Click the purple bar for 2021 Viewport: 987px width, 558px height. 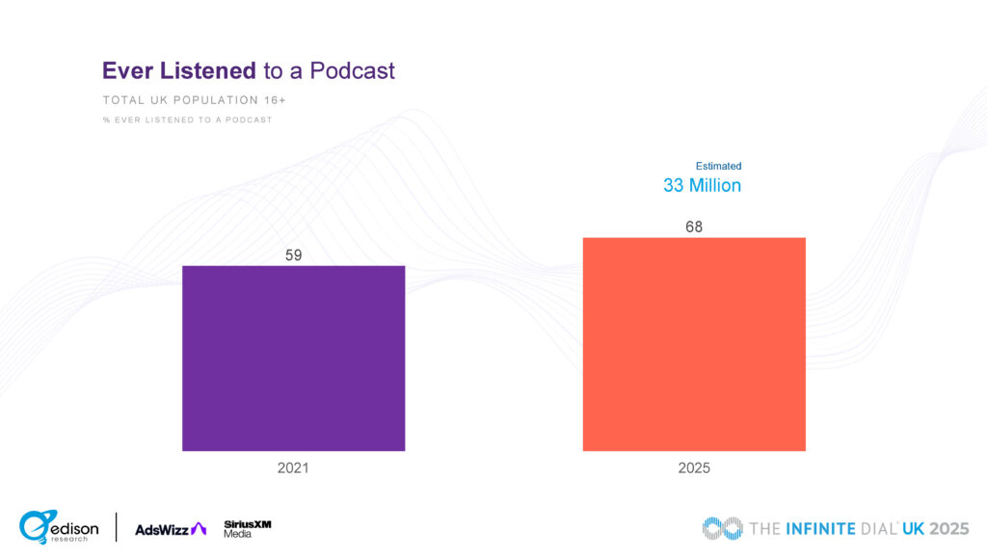point(293,358)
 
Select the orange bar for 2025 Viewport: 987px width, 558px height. point(694,344)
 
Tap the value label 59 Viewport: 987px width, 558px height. point(294,255)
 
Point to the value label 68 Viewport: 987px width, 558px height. point(694,227)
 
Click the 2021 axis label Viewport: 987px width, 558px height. point(293,468)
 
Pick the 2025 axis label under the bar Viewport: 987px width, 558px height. point(694,468)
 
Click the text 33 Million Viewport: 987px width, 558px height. point(702,185)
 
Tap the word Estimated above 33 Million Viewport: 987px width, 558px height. point(718,166)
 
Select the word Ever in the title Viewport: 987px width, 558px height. point(125,70)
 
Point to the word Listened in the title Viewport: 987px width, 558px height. point(205,70)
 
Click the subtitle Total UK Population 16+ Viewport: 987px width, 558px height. point(194,100)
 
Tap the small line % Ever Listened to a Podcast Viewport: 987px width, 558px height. point(187,120)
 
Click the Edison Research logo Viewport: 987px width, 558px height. point(59,527)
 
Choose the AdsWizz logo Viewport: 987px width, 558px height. point(171,528)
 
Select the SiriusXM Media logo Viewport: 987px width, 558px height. point(248,528)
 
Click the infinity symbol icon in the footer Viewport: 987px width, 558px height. point(722,528)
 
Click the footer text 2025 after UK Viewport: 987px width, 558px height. point(948,528)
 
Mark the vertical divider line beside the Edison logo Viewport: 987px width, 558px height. point(117,527)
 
